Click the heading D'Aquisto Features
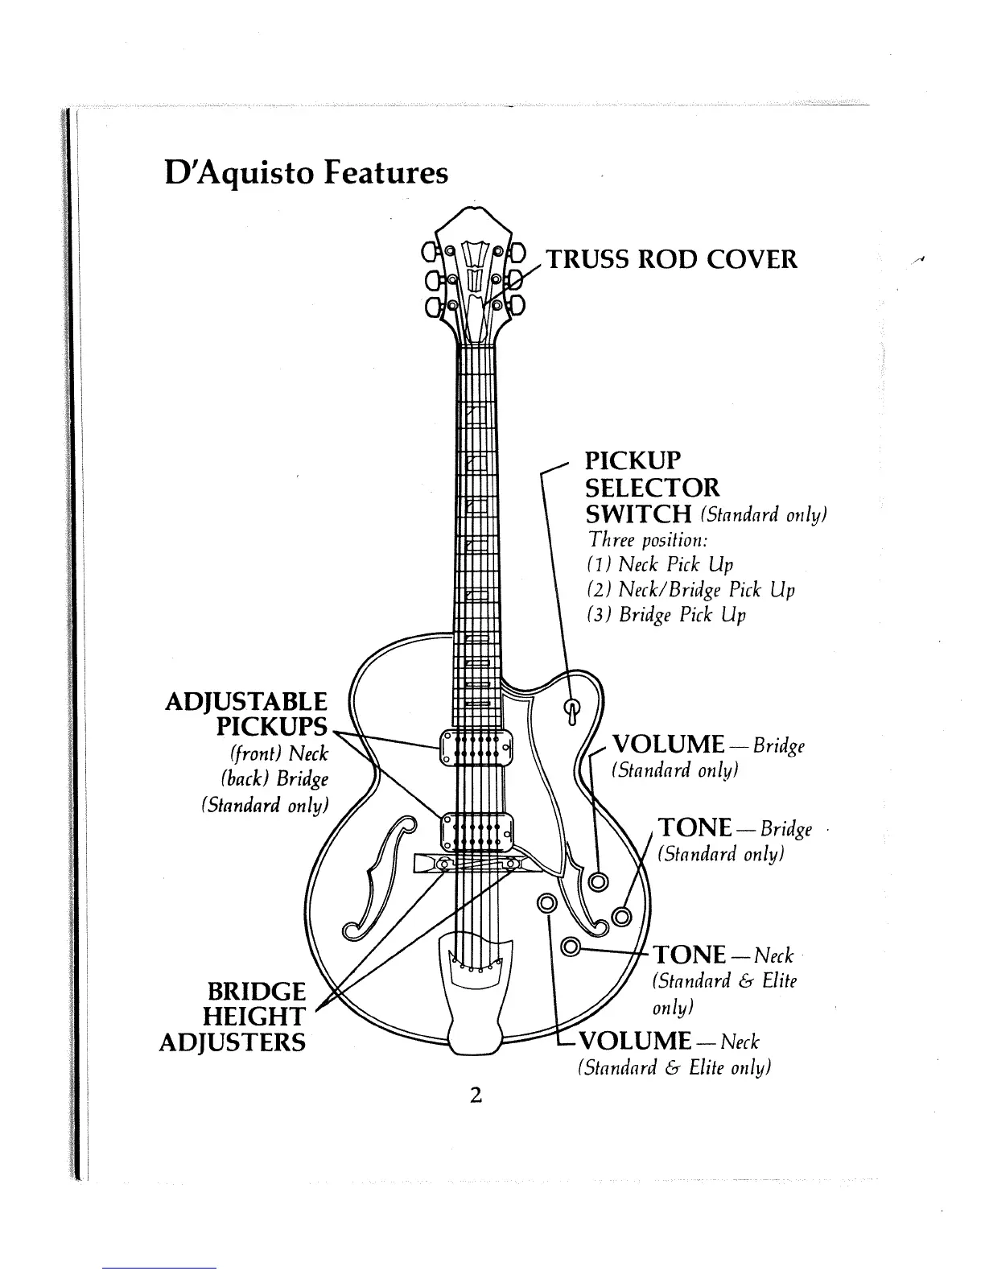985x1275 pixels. (307, 173)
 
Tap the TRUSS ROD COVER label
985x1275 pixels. (672, 259)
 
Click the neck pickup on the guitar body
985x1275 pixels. (476, 748)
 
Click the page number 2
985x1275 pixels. (476, 1095)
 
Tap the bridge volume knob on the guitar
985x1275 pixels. (599, 881)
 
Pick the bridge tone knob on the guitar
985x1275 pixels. (622, 917)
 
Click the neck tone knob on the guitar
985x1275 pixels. (571, 946)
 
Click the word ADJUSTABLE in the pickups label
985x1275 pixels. (245, 702)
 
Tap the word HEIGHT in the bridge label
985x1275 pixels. (254, 1017)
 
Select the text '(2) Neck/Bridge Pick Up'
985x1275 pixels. (691, 590)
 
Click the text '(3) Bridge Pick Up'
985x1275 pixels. (666, 615)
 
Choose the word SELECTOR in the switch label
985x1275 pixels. (653, 488)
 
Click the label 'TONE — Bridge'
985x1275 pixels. (735, 828)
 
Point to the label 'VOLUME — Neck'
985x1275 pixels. (670, 1041)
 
